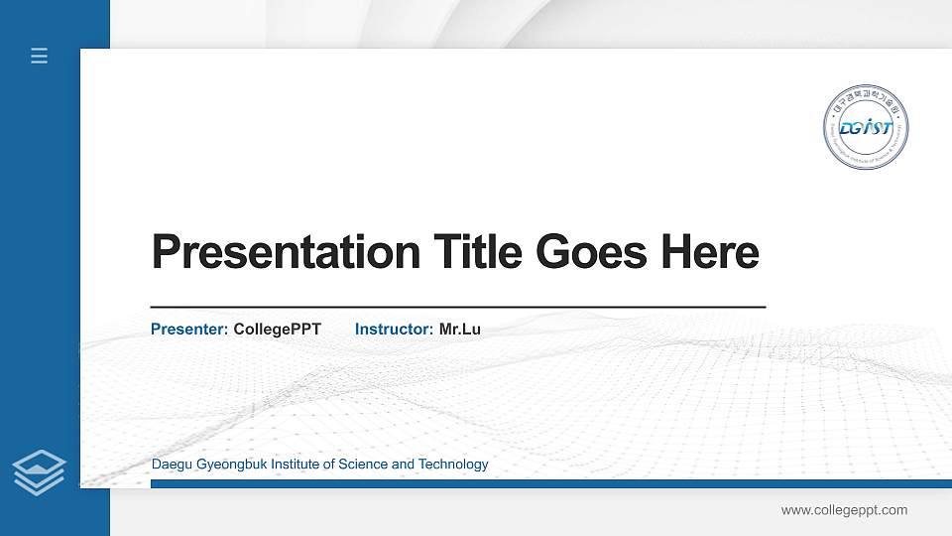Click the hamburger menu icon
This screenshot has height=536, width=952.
[40, 56]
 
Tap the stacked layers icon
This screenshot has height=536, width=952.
[40, 471]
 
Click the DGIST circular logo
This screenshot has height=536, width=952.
[867, 127]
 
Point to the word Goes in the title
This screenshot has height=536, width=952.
[592, 252]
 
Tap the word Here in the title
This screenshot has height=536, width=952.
[710, 252]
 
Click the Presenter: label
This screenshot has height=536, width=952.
[189, 329]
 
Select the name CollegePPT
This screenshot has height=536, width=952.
[278, 329]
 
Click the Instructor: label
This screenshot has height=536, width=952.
[394, 329]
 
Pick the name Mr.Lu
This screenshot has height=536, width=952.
[460, 329]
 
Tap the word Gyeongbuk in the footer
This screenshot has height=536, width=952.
[226, 465]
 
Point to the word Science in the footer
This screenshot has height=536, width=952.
[363, 465]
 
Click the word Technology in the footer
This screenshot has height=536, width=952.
[453, 465]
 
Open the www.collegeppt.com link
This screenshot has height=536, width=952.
[844, 510]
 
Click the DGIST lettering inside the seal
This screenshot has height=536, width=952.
[866, 128]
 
